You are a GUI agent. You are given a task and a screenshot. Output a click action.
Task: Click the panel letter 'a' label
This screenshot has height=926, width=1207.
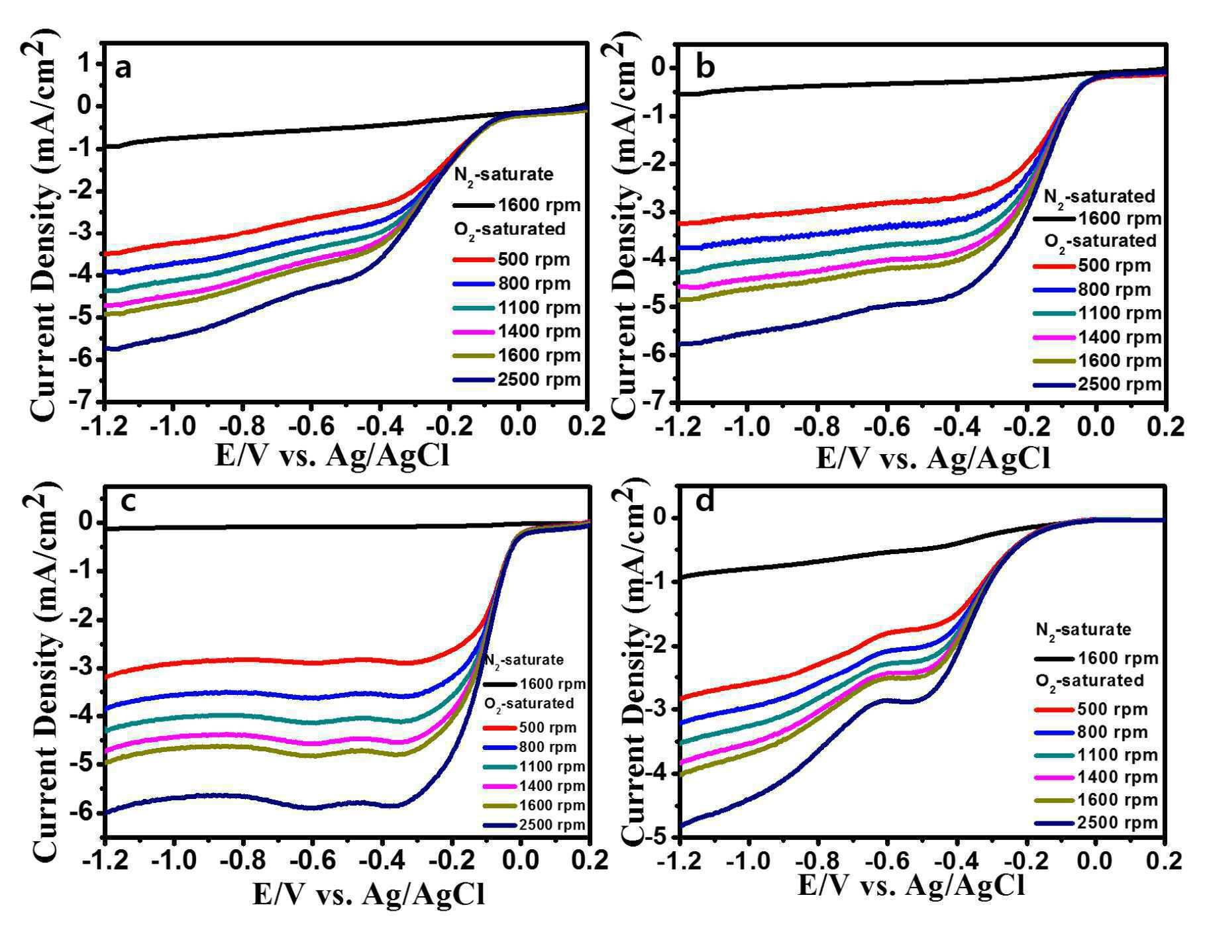(x=123, y=68)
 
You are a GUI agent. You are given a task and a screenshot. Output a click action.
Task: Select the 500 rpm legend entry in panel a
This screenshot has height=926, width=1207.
(x=511, y=259)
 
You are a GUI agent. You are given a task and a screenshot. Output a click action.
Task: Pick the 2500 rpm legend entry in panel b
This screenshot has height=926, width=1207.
(x=1097, y=385)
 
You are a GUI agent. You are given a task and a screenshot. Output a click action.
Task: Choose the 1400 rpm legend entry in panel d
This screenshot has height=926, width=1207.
(x=1096, y=777)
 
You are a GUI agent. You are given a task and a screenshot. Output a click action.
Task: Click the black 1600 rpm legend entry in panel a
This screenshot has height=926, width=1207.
(x=517, y=205)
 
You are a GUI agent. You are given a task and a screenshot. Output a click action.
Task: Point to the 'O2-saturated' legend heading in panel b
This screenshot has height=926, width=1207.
(x=1100, y=241)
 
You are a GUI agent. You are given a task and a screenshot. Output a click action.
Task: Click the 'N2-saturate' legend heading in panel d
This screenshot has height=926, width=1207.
(x=1084, y=629)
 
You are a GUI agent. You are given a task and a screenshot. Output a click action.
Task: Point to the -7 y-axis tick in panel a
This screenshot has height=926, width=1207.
(x=83, y=401)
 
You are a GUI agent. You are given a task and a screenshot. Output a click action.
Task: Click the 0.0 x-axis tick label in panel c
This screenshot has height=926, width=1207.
(x=519, y=860)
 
